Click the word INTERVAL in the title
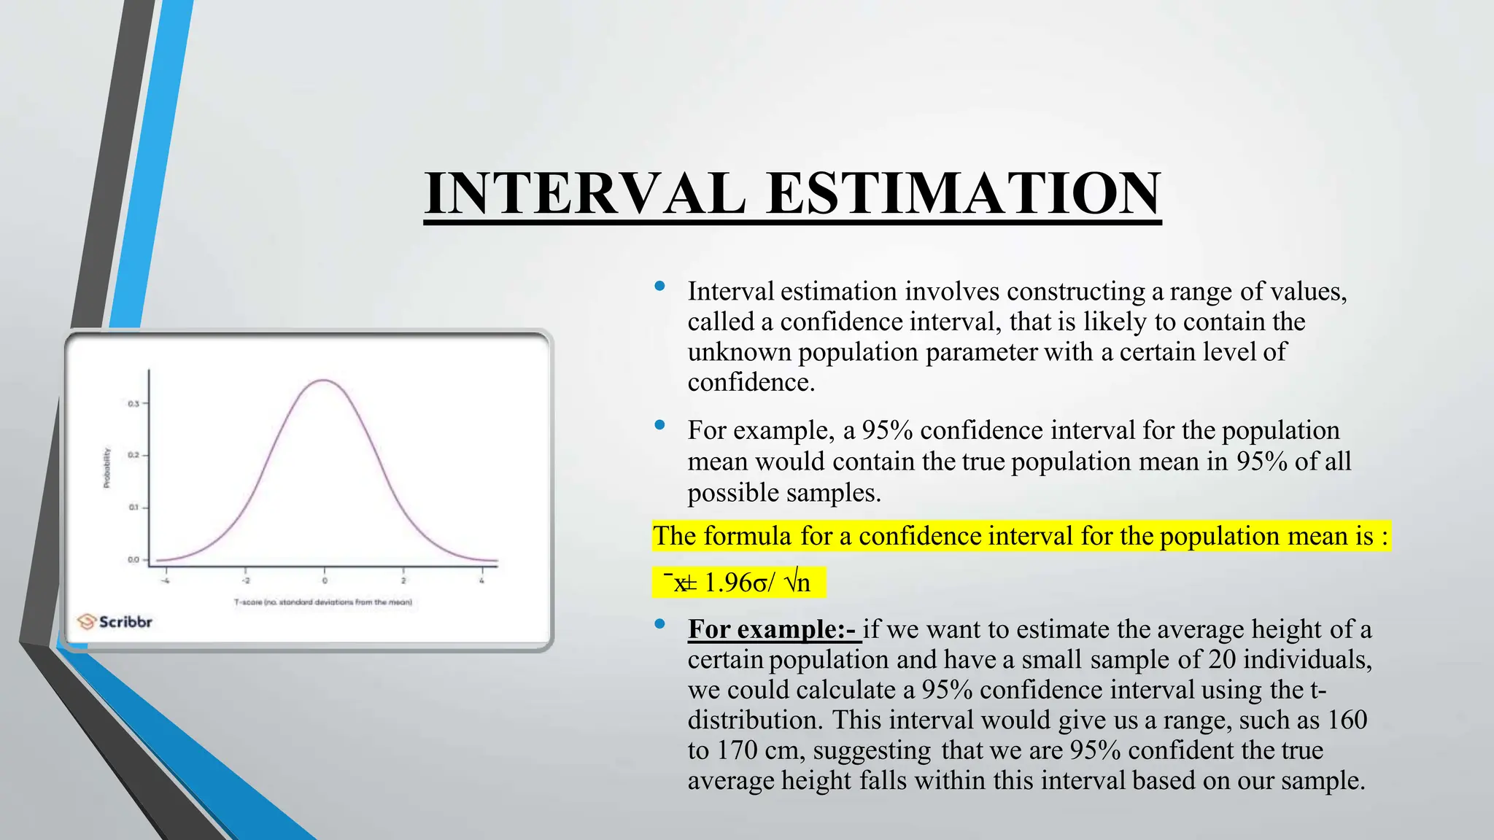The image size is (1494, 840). tap(584, 193)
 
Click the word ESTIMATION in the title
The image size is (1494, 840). tap(962, 193)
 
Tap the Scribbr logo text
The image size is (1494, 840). tap(125, 622)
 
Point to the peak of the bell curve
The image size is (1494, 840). tap(324, 380)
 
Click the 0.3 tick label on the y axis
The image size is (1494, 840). tap(133, 403)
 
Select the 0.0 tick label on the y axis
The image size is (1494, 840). tap(133, 560)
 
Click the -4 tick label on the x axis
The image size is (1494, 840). tap(166, 581)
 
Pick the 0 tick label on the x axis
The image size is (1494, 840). tap(325, 581)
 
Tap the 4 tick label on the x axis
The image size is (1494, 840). tap(482, 581)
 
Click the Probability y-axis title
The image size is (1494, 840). tap(107, 467)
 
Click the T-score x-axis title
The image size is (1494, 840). tap(323, 602)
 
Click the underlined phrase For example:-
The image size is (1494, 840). tap(773, 629)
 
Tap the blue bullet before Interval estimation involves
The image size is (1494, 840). tap(659, 287)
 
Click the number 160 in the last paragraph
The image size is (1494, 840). tap(1347, 720)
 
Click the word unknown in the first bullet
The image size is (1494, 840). tap(739, 352)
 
